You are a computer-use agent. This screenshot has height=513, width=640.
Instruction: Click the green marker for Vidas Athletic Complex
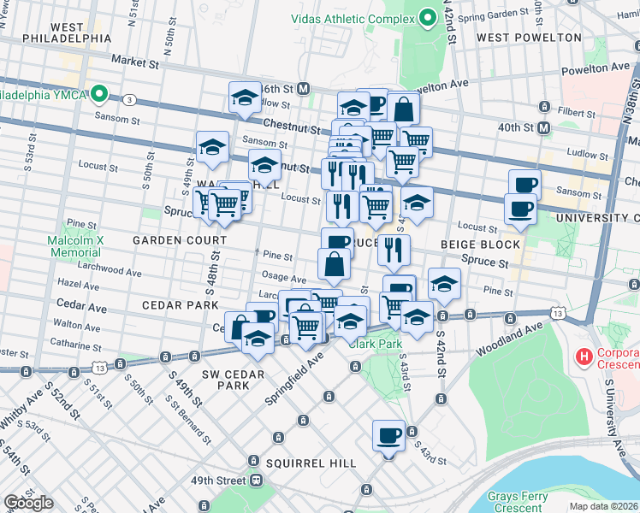[x=428, y=19]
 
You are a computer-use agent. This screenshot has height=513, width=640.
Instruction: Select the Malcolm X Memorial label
[x=74, y=246]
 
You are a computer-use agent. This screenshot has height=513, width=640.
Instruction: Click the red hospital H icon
[x=585, y=355]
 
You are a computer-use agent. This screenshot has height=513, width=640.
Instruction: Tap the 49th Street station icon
[x=255, y=481]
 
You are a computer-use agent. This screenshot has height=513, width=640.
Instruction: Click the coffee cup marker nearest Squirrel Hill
[x=388, y=435]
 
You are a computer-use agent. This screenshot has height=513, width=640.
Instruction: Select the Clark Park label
[x=375, y=344]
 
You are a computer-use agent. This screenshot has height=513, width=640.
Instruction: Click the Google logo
[x=29, y=503]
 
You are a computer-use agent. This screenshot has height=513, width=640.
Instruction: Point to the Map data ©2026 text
[x=603, y=506]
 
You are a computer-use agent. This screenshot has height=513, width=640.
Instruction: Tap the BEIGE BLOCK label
[x=480, y=245]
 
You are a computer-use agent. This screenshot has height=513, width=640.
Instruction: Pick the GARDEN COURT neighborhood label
[x=168, y=241]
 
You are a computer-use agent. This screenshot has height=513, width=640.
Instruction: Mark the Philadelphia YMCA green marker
[x=100, y=94]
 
